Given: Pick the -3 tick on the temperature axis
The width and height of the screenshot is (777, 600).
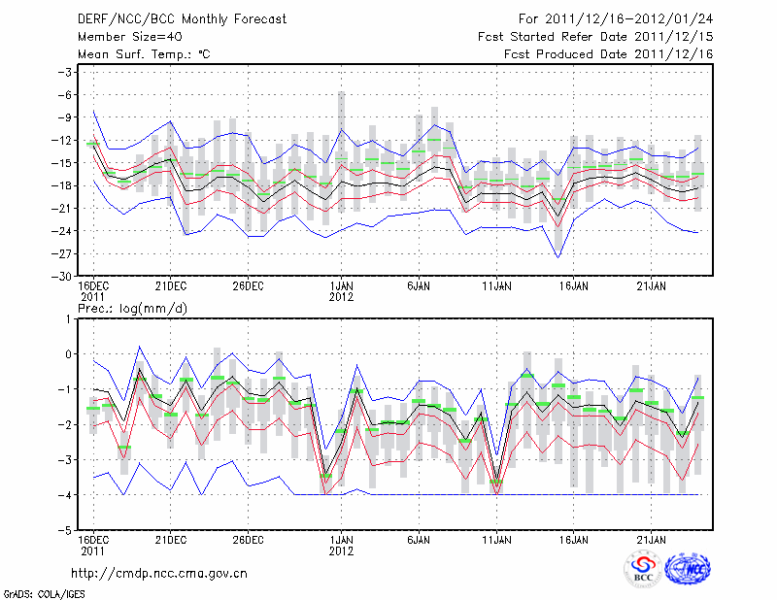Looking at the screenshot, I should pos(66,72).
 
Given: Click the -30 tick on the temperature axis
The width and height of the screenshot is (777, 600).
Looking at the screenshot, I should pos(64,276).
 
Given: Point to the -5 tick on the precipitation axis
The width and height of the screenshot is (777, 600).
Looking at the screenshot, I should pos(68,531).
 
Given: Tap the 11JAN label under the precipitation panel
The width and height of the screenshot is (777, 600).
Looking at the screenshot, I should pos(496,542).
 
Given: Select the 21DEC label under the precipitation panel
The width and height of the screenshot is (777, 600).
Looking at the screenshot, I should pos(170,542).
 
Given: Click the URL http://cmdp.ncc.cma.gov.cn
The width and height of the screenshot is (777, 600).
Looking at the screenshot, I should pos(160,573).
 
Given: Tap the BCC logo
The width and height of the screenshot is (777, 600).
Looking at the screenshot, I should pos(643,570).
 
